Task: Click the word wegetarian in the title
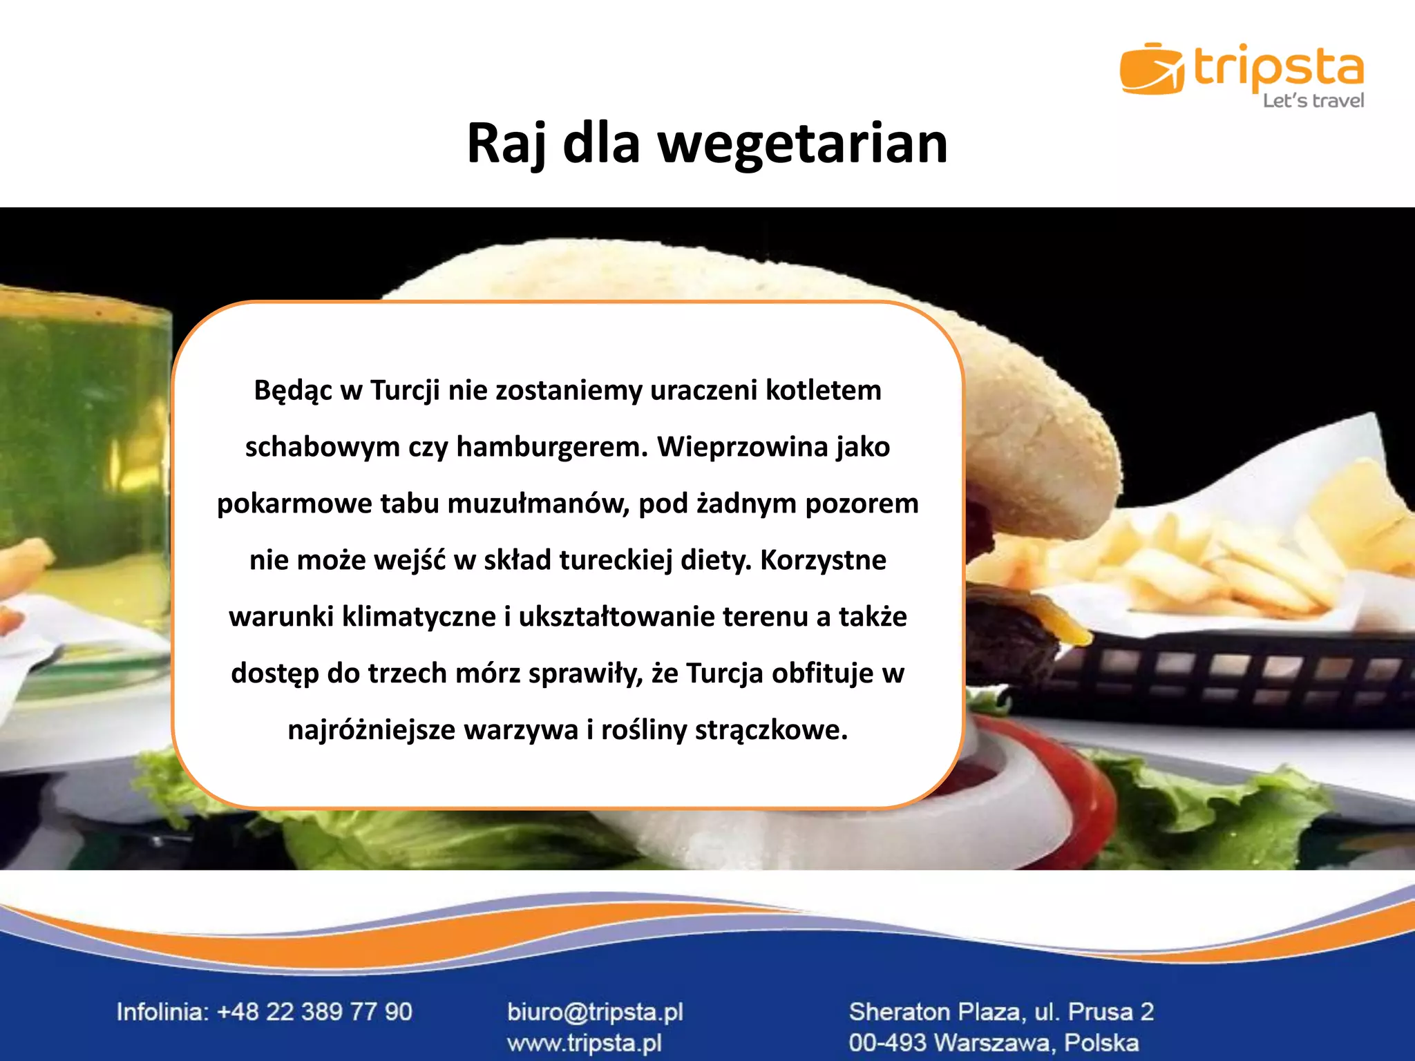pyautogui.click(x=803, y=144)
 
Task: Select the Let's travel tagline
pyautogui.click(x=1313, y=101)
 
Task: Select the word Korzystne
pyautogui.click(x=823, y=560)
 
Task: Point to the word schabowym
pyautogui.click(x=323, y=447)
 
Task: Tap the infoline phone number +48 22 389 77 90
pyautogui.click(x=314, y=1012)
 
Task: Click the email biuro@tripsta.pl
pyautogui.click(x=595, y=1012)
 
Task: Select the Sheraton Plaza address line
pyautogui.click(x=1001, y=1012)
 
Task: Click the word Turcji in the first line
pyautogui.click(x=405, y=390)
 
